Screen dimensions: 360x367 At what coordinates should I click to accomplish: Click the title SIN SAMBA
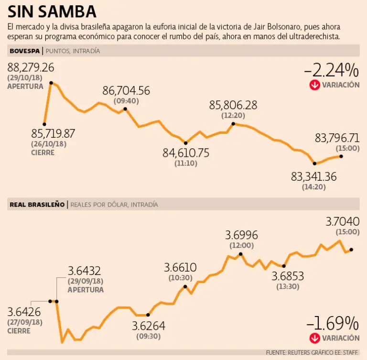[x=52, y=11]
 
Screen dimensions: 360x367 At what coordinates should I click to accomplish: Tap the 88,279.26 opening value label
[x=31, y=67]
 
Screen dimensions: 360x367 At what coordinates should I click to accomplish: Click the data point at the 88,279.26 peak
[x=51, y=83]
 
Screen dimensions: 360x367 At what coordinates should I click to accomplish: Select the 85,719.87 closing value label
[x=53, y=133]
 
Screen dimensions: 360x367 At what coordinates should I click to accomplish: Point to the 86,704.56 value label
[x=126, y=91]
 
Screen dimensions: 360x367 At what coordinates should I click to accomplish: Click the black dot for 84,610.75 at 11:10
[x=186, y=143]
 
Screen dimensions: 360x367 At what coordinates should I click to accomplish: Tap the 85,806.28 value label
[x=233, y=105]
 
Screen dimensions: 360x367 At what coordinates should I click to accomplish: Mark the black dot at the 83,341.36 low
[x=314, y=164]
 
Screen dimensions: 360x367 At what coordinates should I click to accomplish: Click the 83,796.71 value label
[x=337, y=138]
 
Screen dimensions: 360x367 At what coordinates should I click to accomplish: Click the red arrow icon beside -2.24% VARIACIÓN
[x=314, y=85]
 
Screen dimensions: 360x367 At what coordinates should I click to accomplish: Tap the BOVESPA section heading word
[x=24, y=51]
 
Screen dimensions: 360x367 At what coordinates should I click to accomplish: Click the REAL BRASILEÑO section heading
[x=37, y=204]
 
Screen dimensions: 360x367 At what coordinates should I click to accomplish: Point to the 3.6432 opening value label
[x=85, y=271]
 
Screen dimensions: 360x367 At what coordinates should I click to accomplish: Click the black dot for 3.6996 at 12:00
[x=240, y=254]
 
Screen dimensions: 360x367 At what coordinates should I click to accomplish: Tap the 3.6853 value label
[x=288, y=276]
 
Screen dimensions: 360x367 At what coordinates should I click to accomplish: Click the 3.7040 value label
[x=342, y=222]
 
